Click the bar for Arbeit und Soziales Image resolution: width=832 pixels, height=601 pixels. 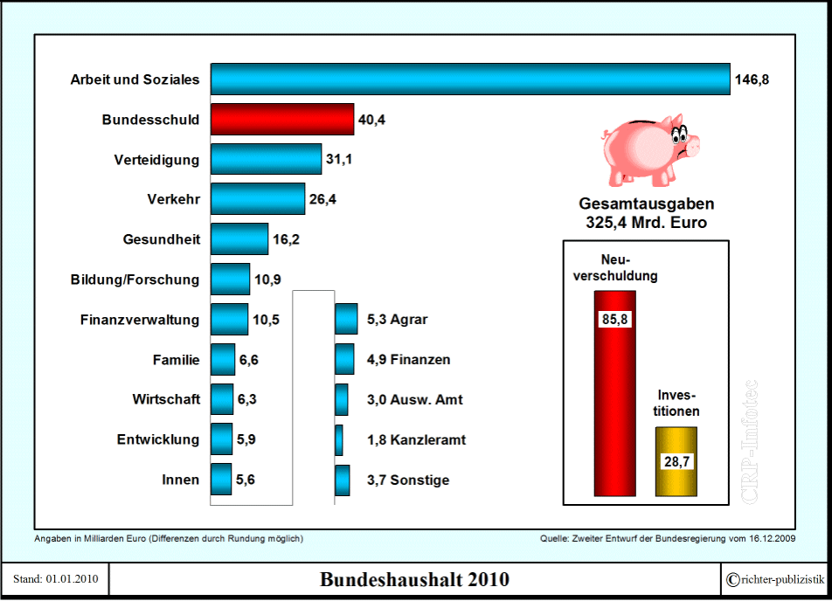[470, 79]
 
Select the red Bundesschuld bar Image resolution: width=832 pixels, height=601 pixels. [281, 120]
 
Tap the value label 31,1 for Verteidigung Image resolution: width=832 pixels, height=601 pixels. [339, 160]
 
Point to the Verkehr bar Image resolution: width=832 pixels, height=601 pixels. [258, 199]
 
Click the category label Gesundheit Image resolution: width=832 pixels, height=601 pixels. [162, 239]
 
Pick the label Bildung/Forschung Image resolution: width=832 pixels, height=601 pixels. [135, 280]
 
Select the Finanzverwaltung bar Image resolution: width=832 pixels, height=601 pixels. [230, 320]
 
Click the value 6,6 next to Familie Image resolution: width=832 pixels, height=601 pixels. [249, 360]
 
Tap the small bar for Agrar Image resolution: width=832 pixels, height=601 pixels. [346, 320]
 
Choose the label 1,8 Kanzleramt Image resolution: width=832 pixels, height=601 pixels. [416, 439]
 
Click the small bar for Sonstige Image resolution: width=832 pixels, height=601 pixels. [343, 480]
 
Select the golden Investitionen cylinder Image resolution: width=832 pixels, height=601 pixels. [676, 461]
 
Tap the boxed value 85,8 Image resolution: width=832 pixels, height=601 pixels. [614, 319]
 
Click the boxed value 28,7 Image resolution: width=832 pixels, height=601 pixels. [676, 461]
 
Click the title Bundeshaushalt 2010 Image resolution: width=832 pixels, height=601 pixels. [414, 580]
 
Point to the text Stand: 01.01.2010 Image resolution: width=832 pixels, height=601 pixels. [56, 580]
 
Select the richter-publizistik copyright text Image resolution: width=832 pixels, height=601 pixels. [774, 580]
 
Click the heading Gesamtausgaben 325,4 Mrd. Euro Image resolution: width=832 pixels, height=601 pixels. [646, 213]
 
